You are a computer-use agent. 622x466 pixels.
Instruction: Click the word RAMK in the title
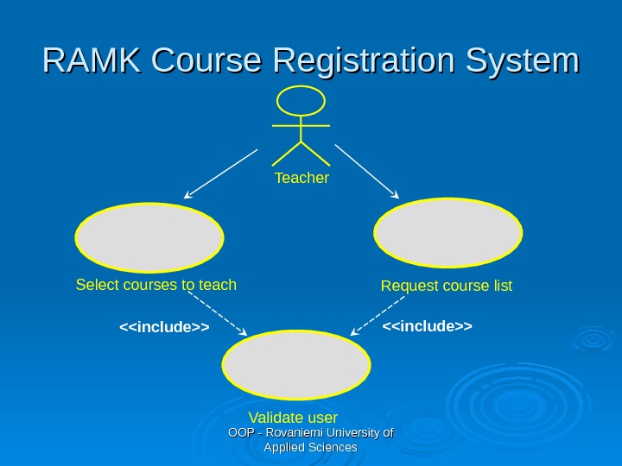tap(92, 61)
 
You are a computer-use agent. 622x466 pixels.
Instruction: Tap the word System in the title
tap(521, 62)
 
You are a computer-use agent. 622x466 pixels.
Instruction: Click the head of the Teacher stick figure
tap(301, 101)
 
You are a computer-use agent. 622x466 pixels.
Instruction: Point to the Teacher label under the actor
tap(301, 178)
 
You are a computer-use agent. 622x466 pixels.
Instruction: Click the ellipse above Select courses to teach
tap(149, 237)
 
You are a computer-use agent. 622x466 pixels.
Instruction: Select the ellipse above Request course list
tap(448, 232)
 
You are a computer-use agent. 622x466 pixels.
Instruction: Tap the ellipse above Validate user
tap(296, 364)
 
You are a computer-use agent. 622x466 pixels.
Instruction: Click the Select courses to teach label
tap(156, 284)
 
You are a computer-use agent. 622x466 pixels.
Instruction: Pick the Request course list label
tap(447, 285)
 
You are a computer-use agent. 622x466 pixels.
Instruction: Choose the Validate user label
tap(293, 419)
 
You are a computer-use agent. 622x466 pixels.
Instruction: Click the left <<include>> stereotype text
tap(164, 328)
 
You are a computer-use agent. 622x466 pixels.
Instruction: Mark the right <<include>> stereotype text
tap(428, 325)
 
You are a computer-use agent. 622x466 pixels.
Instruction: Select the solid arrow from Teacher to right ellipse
tap(367, 172)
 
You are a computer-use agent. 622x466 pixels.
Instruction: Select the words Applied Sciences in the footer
tap(310, 447)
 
